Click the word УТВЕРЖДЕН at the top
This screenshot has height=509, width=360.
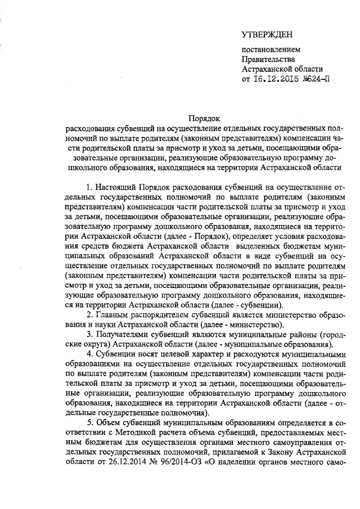coord(267,35)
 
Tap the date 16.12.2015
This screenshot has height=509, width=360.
coord(271,79)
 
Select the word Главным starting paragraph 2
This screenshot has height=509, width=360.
coord(113,314)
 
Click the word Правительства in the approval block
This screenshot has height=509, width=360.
coord(268,59)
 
